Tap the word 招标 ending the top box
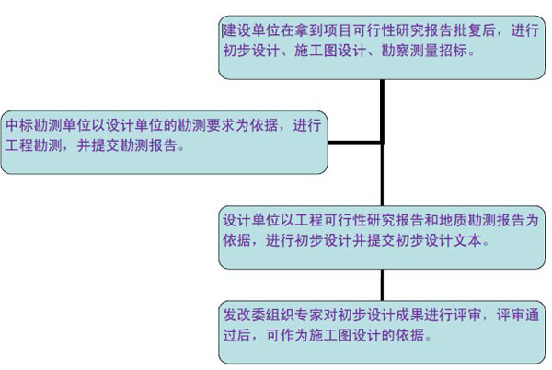pyautogui.click(x=460, y=52)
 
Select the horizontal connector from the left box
pyautogui.click(x=354, y=143)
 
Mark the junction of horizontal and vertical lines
pyautogui.click(x=382, y=143)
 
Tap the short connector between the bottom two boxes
pyautogui.click(x=382, y=283)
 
